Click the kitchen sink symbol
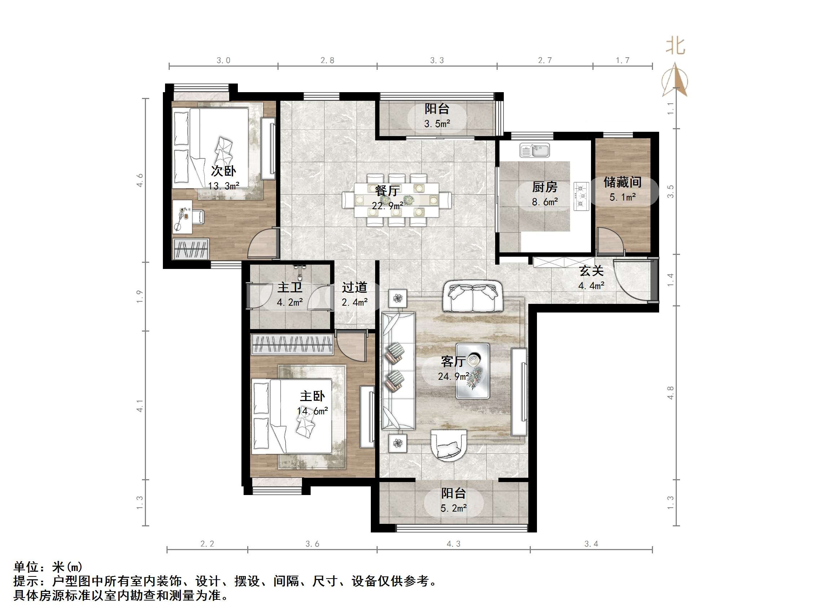click(x=534, y=150)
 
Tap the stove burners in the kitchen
click(x=581, y=196)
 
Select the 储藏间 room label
click(x=622, y=182)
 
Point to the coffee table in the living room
click(x=472, y=371)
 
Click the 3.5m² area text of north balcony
click(x=437, y=123)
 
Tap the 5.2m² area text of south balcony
click(x=453, y=508)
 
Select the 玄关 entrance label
click(x=591, y=271)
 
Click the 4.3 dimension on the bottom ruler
click(x=453, y=544)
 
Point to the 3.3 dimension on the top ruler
click(x=437, y=60)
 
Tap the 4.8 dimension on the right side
click(x=670, y=393)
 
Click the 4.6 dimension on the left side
click(x=140, y=180)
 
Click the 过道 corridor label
click(x=355, y=287)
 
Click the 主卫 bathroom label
click(x=290, y=287)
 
